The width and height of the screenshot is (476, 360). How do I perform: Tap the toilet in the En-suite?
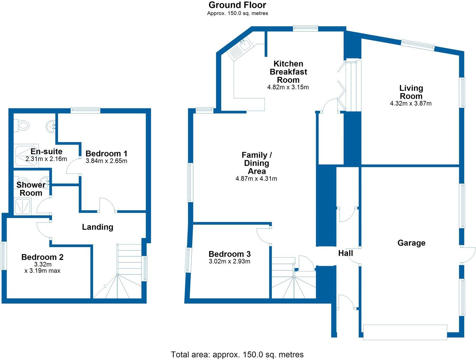(22, 125)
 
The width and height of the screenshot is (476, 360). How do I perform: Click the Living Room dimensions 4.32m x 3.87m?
(411, 103)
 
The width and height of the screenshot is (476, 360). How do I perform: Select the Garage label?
(411, 243)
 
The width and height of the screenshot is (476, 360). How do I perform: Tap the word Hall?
(345, 253)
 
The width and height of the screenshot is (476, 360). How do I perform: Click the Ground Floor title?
(237, 5)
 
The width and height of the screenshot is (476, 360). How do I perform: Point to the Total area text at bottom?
(237, 354)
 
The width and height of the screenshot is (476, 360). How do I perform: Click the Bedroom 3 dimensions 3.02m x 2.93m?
(229, 261)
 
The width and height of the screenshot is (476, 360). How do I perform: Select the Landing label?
(97, 227)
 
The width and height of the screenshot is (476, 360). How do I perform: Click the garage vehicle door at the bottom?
(405, 332)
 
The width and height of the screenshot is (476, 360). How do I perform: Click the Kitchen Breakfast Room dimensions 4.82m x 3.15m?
(288, 87)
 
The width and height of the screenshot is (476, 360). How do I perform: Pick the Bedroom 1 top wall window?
(85, 110)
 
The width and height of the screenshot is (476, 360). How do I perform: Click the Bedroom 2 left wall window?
(4, 256)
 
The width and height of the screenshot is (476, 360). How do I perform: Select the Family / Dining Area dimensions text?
(256, 179)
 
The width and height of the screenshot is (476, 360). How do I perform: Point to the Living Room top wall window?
(418, 44)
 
